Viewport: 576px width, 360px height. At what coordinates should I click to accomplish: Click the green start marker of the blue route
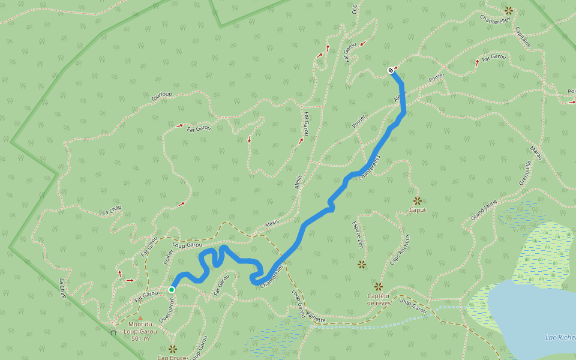172,290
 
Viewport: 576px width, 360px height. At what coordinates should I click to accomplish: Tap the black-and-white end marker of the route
391,70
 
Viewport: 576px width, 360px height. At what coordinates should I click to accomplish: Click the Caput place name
417,210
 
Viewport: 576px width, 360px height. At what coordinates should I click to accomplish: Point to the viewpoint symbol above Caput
417,200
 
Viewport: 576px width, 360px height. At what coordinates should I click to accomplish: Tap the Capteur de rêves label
379,299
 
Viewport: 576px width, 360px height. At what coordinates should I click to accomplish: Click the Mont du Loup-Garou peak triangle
140,318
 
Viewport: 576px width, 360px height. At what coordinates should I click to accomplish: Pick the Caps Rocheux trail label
400,249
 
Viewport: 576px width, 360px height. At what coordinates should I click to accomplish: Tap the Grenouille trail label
522,174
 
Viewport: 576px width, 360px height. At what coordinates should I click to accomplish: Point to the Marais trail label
536,154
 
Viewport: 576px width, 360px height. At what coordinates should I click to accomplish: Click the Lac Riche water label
560,337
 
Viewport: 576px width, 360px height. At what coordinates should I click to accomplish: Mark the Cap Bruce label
172,358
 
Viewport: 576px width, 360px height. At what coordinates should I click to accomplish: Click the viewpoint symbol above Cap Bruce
173,348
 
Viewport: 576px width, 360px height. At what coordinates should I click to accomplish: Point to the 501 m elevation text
140,338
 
